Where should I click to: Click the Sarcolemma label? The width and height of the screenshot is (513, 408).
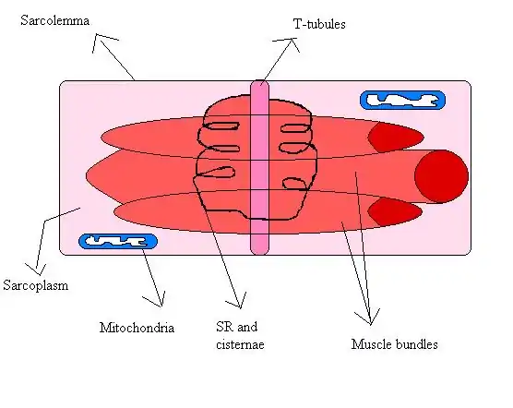tap(55, 20)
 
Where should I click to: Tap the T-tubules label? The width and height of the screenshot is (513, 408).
tap(319, 24)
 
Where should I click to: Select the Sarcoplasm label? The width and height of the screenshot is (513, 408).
tap(36, 285)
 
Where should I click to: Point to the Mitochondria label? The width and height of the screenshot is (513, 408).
tap(137, 328)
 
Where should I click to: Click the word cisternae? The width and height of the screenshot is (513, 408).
tap(240, 345)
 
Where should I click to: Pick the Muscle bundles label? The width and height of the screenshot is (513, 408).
tap(395, 344)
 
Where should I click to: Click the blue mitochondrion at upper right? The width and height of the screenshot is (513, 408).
tap(403, 100)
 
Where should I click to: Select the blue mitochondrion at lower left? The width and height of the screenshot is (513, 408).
tap(118, 242)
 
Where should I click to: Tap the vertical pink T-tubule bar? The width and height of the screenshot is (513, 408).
tap(260, 167)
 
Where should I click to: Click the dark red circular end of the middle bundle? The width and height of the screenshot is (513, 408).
tap(441, 176)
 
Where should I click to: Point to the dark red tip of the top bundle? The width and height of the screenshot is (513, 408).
tap(394, 138)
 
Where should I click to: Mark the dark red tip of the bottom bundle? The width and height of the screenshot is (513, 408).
tap(394, 211)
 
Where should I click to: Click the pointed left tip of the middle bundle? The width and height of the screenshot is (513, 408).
tap(87, 176)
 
